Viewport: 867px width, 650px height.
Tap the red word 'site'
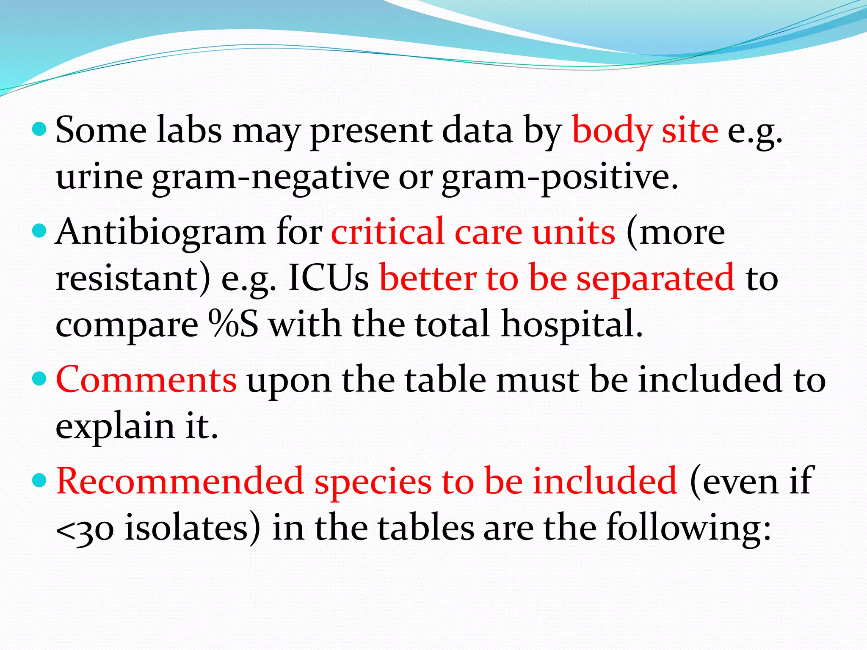(690, 131)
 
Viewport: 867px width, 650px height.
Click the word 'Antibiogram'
(160, 233)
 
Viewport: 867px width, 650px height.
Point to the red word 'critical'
(387, 233)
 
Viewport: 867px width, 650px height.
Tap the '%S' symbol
(233, 324)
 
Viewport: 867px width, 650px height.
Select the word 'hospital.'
(572, 324)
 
